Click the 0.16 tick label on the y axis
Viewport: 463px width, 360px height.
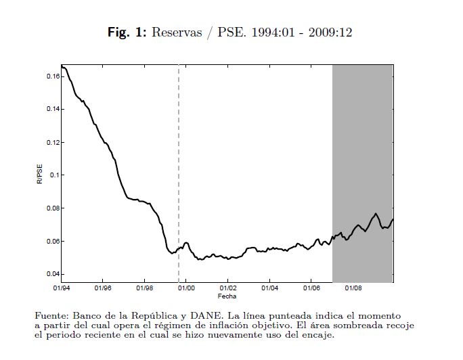pos(52,76)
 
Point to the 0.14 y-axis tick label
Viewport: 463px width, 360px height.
pos(52,109)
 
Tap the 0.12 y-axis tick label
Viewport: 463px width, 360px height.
pos(52,142)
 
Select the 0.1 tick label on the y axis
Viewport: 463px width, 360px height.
pos(54,175)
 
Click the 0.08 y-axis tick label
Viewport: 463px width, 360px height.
pos(52,208)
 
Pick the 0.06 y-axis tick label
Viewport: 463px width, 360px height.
pos(52,241)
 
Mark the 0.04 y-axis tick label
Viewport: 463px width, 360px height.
pos(52,274)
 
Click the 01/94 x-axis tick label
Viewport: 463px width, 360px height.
pos(61,289)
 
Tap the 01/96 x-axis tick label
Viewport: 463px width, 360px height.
pos(102,289)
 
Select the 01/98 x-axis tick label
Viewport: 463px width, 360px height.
pos(144,289)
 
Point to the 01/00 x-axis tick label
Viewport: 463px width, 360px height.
pos(186,289)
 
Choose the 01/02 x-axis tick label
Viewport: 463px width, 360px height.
pos(227,289)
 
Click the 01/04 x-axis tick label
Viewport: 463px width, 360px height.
pos(269,289)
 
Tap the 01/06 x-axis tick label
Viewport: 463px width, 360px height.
pos(311,289)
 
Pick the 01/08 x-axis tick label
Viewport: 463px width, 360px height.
pos(353,289)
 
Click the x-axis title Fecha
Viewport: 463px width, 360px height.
pos(227,296)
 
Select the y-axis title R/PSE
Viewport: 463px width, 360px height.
pos(39,176)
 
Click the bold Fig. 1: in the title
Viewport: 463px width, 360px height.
pos(127,32)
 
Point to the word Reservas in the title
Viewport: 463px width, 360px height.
pos(177,32)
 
